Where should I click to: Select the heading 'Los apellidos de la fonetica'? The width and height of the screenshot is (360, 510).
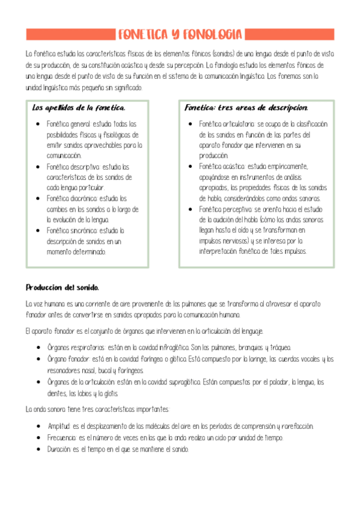click(x=78, y=108)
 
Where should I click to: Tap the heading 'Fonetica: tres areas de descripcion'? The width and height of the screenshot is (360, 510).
click(x=246, y=108)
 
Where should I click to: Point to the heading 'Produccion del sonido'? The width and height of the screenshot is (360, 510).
click(x=62, y=287)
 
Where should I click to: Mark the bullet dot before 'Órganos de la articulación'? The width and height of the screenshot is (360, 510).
click(x=38, y=382)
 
